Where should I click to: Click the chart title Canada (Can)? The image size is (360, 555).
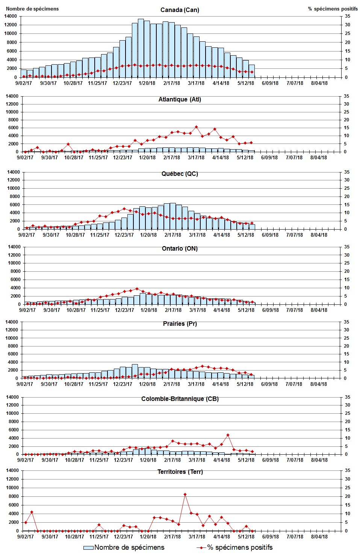[x=180, y=10]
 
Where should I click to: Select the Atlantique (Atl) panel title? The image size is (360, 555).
[x=180, y=99]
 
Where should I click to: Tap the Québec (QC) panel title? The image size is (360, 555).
[x=180, y=174]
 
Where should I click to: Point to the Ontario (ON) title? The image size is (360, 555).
[x=180, y=248]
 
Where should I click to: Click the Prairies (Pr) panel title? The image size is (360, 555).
[x=180, y=324]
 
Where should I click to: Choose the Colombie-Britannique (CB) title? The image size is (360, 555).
[x=180, y=399]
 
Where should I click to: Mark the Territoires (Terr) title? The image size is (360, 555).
[x=180, y=472]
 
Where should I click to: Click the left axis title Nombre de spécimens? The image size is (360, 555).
[x=32, y=9]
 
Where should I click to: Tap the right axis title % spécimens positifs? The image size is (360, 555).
[x=333, y=9]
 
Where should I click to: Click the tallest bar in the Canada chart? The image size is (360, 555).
[x=141, y=48]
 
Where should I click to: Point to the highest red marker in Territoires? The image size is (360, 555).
[x=185, y=495]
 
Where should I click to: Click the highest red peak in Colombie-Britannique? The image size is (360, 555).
[x=228, y=435]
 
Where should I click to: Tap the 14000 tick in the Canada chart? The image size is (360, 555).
[x=11, y=16]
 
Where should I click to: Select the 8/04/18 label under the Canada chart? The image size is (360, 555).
[x=319, y=83]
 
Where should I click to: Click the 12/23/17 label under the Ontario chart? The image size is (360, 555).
[x=124, y=310]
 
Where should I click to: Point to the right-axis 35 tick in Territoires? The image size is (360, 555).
[x=347, y=470]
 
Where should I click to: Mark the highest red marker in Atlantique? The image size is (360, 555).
[x=196, y=127]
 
